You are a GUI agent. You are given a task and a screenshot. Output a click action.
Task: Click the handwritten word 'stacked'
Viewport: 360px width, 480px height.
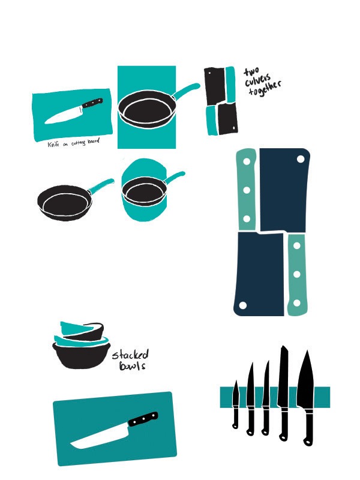pyautogui.click(x=130, y=355)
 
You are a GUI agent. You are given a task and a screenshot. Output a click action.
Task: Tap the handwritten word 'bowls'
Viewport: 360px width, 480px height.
pyautogui.click(x=132, y=366)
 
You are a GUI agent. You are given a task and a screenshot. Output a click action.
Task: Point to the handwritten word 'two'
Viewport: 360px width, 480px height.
pyautogui.click(x=250, y=72)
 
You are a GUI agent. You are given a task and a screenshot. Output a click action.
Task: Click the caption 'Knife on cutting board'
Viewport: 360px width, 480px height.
pyautogui.click(x=73, y=143)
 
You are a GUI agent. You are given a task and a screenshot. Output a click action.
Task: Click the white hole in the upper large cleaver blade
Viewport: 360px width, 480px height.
pyautogui.click(x=301, y=158)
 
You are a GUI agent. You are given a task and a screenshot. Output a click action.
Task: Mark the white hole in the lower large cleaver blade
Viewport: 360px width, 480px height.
pyautogui.click(x=243, y=305)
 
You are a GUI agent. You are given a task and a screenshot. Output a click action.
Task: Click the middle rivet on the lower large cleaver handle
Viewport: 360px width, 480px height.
pyautogui.click(x=296, y=274)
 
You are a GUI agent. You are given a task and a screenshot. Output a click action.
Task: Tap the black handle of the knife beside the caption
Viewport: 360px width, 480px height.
pyautogui.click(x=92, y=106)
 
